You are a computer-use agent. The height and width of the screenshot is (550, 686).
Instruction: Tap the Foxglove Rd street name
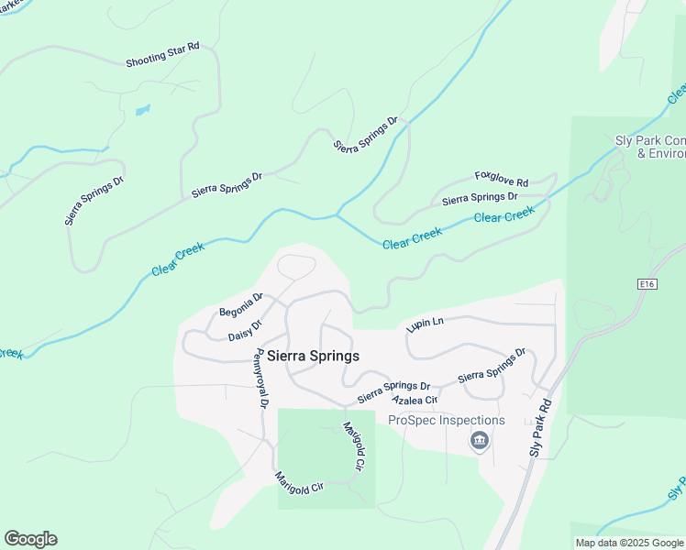[x=502, y=177]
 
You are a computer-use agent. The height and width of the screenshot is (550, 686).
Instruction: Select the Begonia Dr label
[x=241, y=305]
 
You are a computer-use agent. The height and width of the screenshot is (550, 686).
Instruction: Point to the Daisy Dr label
[x=245, y=330]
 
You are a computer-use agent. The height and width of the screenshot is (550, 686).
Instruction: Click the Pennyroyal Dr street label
[x=262, y=378]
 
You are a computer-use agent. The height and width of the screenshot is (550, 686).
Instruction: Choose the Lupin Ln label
[x=426, y=324]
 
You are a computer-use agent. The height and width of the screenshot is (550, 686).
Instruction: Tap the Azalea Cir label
[x=415, y=401]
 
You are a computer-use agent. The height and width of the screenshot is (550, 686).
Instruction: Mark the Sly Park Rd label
[x=541, y=428]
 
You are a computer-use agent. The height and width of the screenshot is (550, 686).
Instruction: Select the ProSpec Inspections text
[x=447, y=421]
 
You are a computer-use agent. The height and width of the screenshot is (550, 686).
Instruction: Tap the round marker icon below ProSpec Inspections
[x=479, y=442]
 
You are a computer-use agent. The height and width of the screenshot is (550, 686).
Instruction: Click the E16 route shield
[x=647, y=285]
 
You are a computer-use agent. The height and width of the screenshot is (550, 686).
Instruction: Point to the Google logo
[x=30, y=539]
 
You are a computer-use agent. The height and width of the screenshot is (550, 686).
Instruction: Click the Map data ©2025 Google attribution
[x=629, y=543]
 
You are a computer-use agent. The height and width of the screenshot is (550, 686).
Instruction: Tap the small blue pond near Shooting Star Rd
[x=142, y=111]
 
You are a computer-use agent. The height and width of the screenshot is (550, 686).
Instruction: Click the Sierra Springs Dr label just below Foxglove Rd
[x=480, y=197]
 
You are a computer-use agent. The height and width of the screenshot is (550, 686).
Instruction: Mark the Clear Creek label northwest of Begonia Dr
[x=178, y=258]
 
